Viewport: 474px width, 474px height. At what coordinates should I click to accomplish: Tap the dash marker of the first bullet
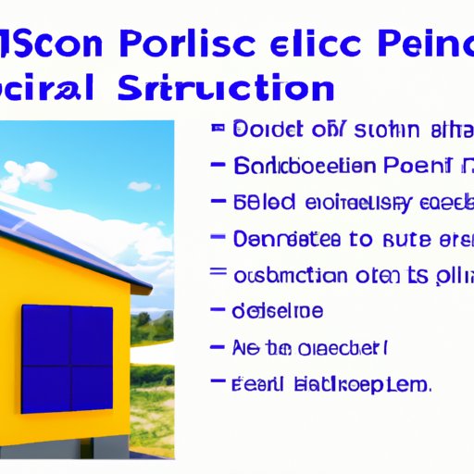(218, 130)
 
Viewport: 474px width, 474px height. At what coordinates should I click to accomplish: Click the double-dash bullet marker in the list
(218, 274)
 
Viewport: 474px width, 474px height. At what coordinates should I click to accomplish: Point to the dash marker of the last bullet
(218, 381)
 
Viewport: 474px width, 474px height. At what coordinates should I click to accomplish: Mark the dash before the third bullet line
(218, 202)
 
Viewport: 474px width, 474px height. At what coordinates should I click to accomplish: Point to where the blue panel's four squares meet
(68, 353)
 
